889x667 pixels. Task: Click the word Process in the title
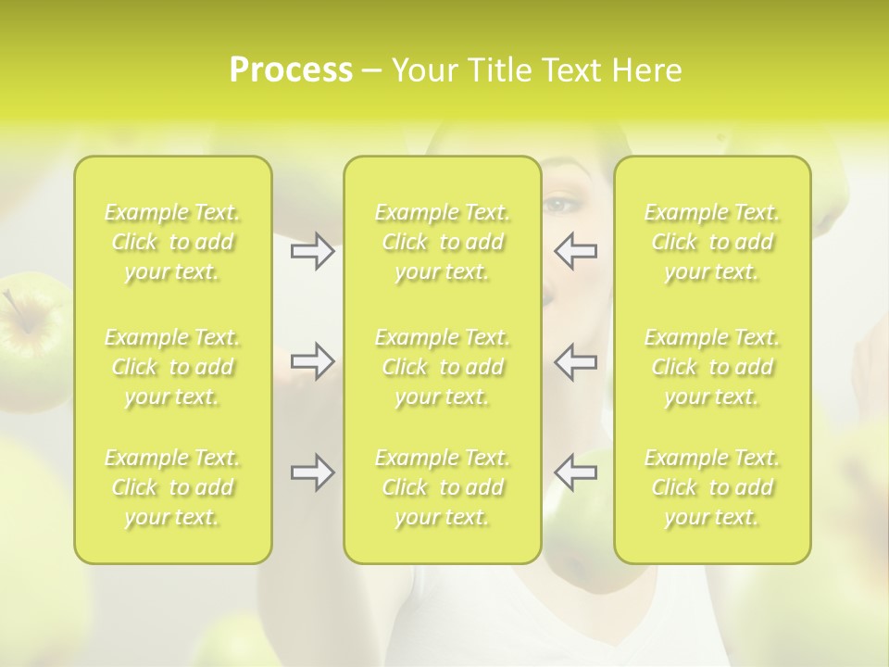click(291, 70)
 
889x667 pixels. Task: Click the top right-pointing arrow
click(313, 251)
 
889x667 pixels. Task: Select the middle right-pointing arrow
click(313, 361)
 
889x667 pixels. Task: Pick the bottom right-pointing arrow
click(313, 472)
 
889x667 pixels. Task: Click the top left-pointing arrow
click(575, 251)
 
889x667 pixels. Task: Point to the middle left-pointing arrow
click(575, 361)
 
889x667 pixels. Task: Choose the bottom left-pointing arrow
click(575, 472)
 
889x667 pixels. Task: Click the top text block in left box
click(172, 243)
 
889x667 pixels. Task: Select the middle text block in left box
click(172, 367)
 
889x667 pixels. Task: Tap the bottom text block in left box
click(172, 487)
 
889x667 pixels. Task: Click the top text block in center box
click(443, 243)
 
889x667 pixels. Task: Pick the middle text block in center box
click(443, 367)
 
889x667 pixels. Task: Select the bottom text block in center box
click(443, 487)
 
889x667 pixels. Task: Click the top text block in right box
click(712, 243)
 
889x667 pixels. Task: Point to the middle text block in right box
click(712, 367)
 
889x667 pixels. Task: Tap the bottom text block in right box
click(712, 487)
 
